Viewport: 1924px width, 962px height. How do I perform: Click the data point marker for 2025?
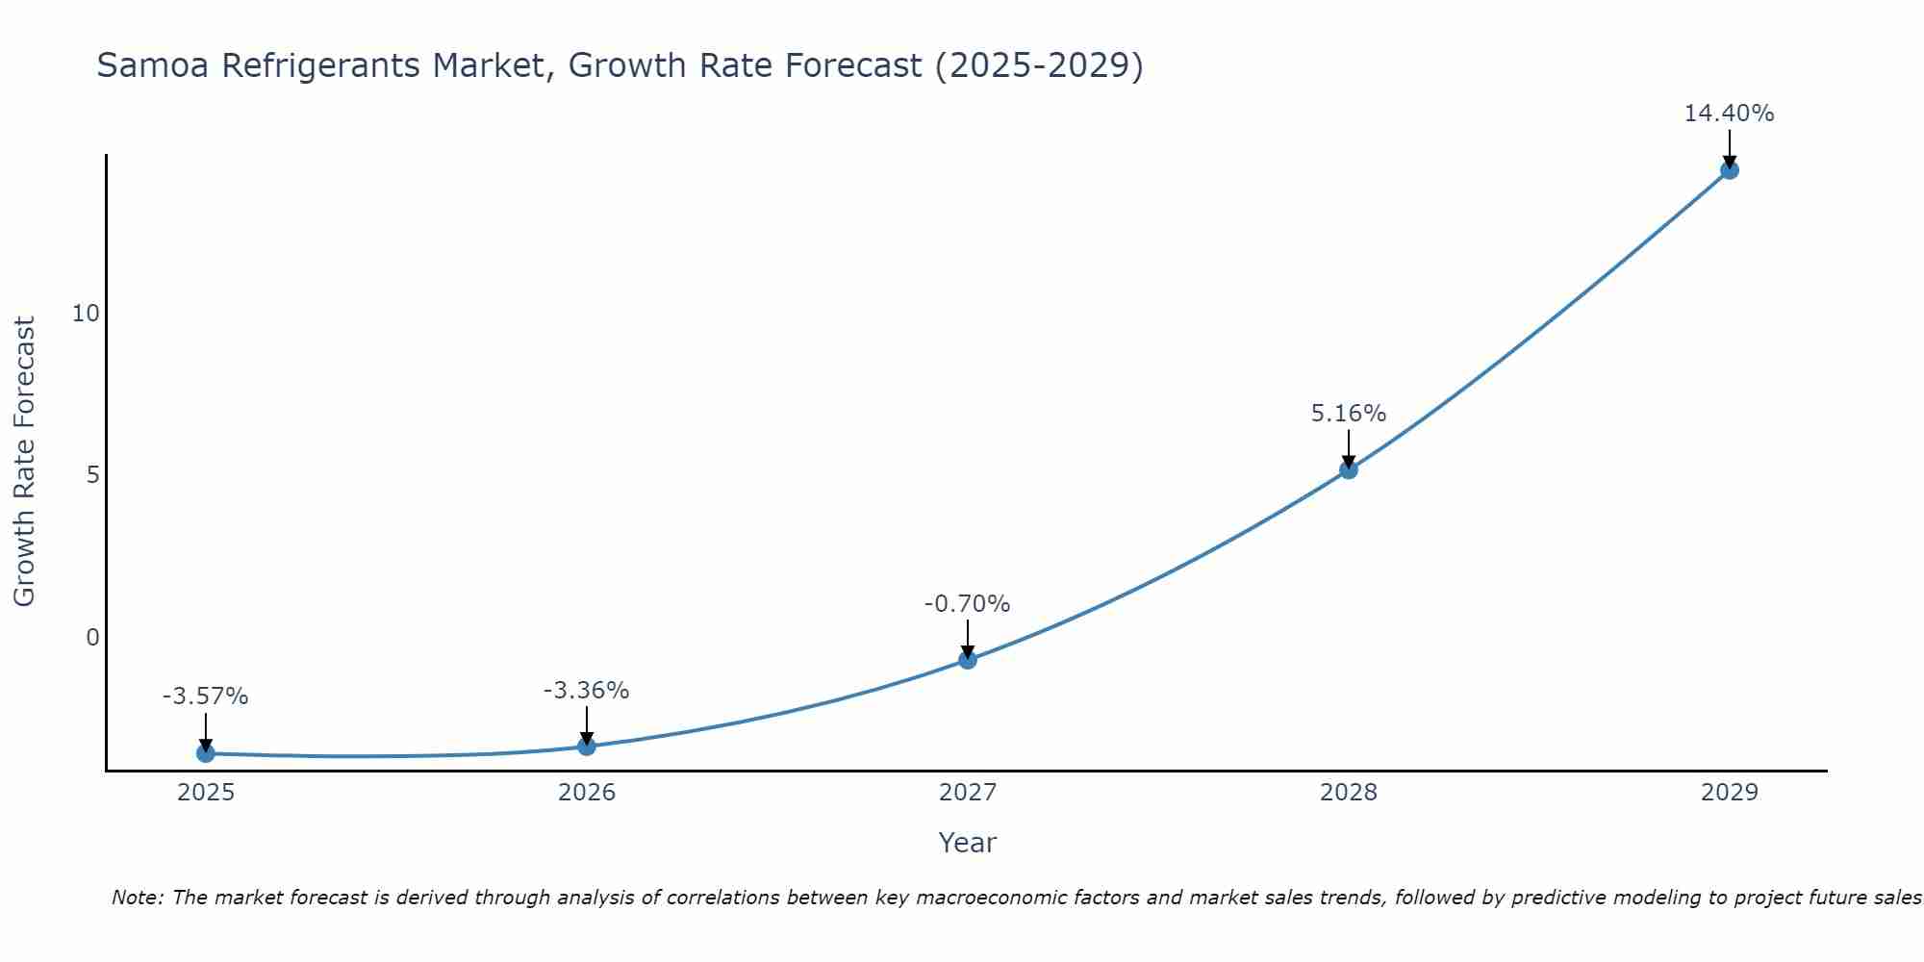point(205,753)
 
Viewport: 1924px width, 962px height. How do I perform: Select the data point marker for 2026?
point(586,746)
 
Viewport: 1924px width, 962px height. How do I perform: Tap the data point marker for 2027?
point(967,660)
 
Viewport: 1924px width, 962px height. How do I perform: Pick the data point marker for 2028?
point(1348,469)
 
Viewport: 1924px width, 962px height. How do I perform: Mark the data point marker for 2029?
point(1729,170)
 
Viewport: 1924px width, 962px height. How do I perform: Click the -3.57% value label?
point(205,696)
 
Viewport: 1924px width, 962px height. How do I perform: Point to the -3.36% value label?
point(586,691)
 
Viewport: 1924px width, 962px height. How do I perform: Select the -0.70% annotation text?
point(967,604)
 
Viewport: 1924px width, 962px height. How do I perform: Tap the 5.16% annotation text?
point(1348,414)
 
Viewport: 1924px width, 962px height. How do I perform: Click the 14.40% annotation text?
point(1729,114)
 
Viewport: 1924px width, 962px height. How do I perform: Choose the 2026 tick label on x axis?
point(586,793)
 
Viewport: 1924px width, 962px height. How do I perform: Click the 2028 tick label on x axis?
point(1348,793)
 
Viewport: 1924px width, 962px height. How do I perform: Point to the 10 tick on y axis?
point(86,314)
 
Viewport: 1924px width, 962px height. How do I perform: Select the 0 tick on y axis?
point(92,638)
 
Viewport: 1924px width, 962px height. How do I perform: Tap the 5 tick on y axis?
point(92,475)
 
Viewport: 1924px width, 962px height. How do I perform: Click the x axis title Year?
point(967,843)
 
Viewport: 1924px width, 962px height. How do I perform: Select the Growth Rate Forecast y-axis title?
point(24,462)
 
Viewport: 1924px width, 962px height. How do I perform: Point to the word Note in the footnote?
point(137,898)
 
